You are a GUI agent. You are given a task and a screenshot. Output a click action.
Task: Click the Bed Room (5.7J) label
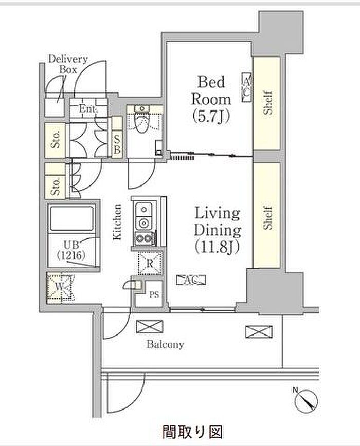pos(211,99)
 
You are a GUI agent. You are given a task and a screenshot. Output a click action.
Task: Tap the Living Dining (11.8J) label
pos(218,230)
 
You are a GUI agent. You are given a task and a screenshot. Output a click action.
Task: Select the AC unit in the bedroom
pos(246,87)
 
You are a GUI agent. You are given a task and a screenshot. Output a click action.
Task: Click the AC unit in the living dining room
pos(191,280)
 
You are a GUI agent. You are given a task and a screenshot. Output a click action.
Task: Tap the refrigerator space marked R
pos(150,264)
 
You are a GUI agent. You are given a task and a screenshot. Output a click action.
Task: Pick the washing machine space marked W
pos(60,287)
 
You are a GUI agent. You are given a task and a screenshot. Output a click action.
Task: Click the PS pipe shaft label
pos(154,295)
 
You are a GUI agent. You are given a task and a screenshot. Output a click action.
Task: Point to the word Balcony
pos(166,345)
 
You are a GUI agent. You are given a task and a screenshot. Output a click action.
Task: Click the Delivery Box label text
pos(68,64)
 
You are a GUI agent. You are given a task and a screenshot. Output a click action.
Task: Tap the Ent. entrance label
pos(88,108)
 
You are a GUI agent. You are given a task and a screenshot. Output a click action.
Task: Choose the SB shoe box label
pos(117,144)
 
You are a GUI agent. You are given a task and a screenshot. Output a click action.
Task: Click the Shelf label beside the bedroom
pos(267,103)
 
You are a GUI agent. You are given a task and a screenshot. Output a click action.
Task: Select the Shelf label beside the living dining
pos(267,217)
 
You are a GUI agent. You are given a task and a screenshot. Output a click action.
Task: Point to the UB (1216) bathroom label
pos(71,251)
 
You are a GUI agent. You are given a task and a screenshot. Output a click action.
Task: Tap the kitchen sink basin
pos(144,210)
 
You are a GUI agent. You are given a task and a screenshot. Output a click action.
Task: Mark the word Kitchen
pos(118,221)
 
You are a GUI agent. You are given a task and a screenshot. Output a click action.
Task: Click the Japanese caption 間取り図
pos(192,432)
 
